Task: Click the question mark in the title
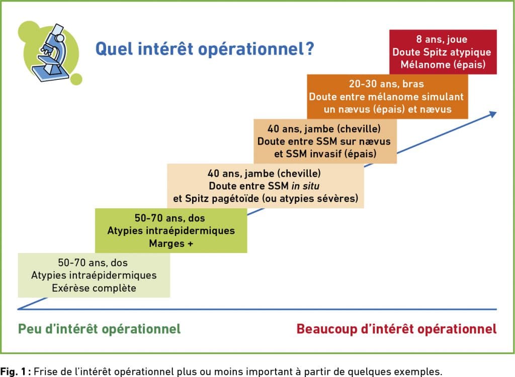point(309,49)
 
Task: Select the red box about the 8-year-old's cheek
point(443,52)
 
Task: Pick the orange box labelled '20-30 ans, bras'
point(387,96)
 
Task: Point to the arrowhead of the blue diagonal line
point(493,114)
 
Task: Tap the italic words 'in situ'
point(305,186)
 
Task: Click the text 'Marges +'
point(171,243)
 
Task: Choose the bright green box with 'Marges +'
point(171,230)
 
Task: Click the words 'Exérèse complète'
point(94,288)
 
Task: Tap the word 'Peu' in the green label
point(30,329)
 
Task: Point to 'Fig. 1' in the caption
point(13,372)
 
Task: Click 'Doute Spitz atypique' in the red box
point(442,52)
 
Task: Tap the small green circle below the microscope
point(76,79)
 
